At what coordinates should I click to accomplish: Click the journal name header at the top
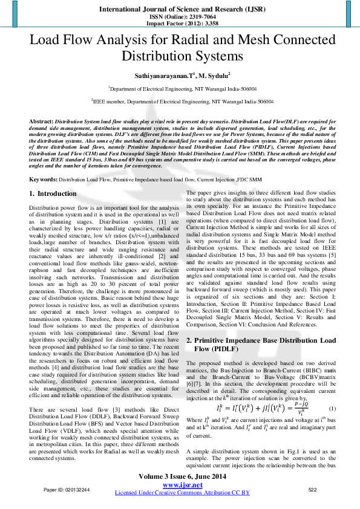pyautogui.click(x=180, y=10)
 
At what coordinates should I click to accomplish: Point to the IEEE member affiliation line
pyautogui.click(x=180, y=102)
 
